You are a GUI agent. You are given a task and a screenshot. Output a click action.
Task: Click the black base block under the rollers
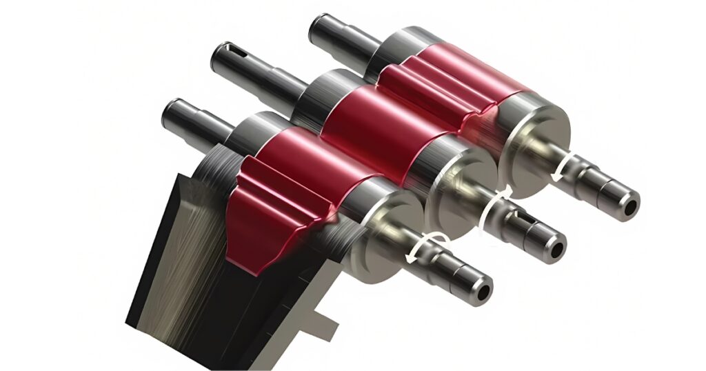(x=179, y=276)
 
